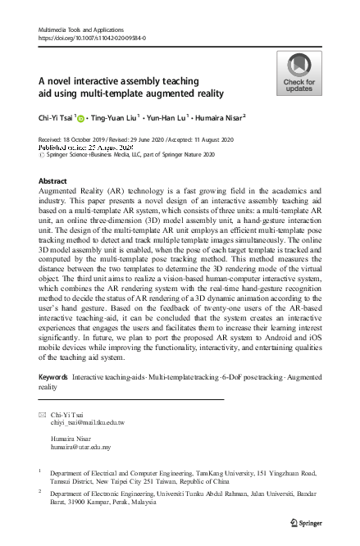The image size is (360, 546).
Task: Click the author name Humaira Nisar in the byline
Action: [246, 118]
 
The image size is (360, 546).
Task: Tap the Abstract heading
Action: [52, 180]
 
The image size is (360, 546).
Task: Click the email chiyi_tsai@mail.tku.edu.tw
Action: [88, 422]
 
